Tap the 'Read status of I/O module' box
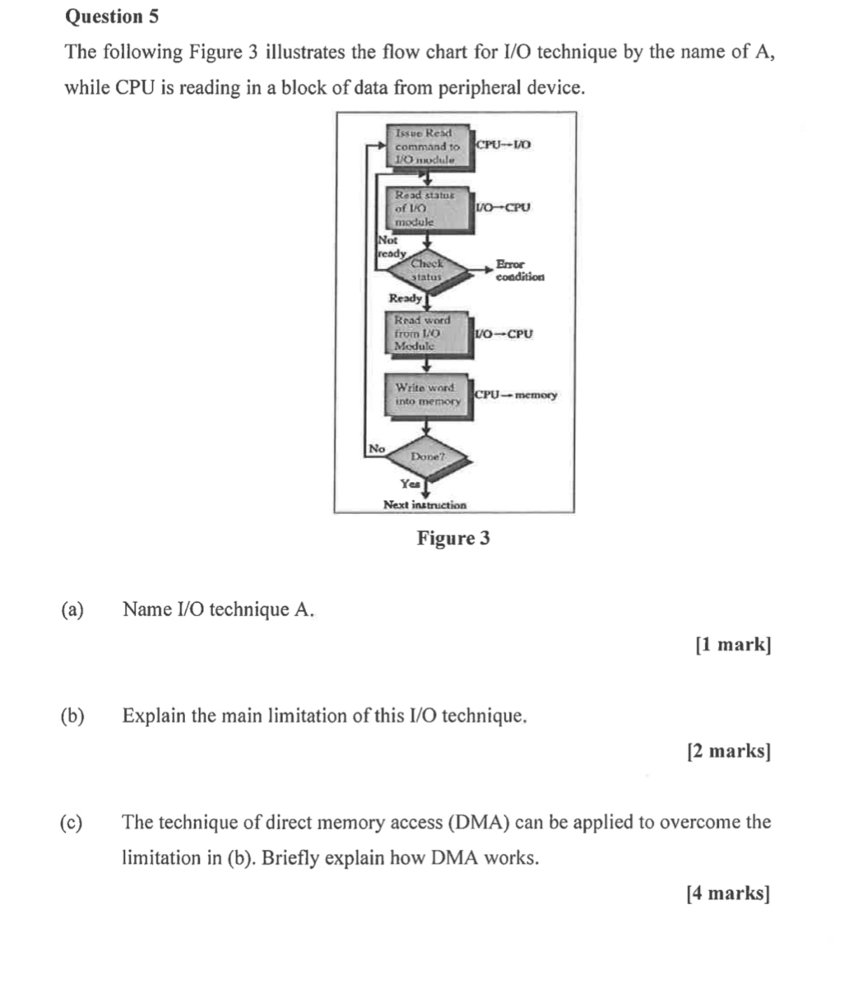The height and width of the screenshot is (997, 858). pos(427,208)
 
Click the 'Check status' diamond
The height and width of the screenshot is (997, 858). pos(427,270)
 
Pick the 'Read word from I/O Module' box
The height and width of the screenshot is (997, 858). pos(427,333)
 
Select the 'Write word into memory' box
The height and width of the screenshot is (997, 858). pos(427,394)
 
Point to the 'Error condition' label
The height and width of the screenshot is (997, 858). pos(519,271)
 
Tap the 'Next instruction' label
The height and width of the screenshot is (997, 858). pos(424,504)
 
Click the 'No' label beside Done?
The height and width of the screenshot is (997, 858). pos(376,448)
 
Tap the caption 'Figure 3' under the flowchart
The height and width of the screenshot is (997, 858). pos(453,539)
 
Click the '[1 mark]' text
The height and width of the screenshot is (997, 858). pos(733,645)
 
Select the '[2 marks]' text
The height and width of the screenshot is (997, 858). pos(729,751)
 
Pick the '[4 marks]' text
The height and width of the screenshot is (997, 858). pos(729,893)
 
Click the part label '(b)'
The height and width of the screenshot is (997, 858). pos(72,716)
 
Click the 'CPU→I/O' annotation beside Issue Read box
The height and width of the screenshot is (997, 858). pos(504,145)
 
